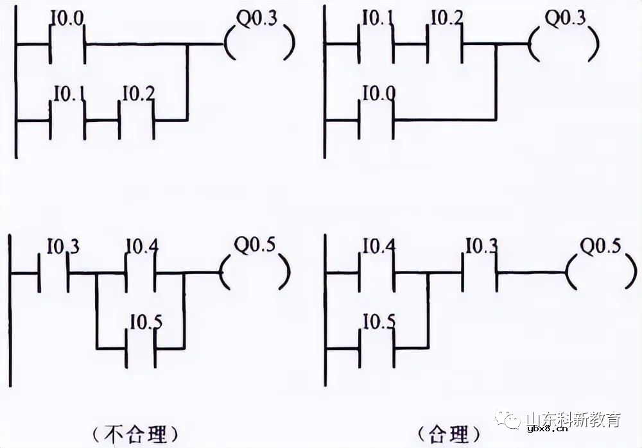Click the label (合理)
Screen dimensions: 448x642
tap(449, 433)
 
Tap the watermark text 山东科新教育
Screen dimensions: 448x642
tap(573, 420)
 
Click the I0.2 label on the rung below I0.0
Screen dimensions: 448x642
tap(138, 94)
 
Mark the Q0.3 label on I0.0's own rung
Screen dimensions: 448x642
tap(257, 18)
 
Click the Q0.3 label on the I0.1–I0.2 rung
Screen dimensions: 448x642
tap(565, 18)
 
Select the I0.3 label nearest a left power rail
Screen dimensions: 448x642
tap(63, 246)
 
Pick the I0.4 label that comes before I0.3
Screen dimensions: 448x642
tap(378, 246)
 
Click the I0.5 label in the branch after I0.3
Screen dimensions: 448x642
tap(144, 321)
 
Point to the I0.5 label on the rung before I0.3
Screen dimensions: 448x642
tap(378, 321)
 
